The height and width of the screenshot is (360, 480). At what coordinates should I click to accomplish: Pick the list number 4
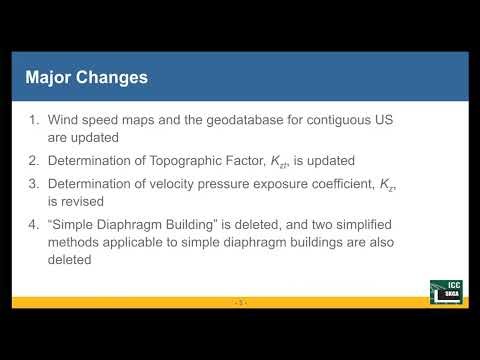(35, 222)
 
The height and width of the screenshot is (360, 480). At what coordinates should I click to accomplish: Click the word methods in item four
(76, 241)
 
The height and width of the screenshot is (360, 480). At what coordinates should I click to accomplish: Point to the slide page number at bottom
(239, 301)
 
